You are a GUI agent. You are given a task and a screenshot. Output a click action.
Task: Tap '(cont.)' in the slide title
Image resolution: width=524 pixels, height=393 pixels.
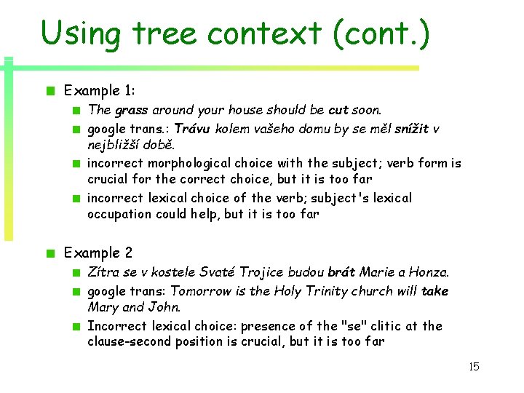pyautogui.click(x=382, y=33)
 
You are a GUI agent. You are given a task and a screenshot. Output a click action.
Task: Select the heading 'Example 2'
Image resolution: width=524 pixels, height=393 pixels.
pyautogui.click(x=98, y=253)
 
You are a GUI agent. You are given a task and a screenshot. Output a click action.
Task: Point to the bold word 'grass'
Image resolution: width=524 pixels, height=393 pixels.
pyautogui.click(x=131, y=111)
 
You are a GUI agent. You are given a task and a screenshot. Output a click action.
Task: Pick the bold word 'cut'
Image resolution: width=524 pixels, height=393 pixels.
pyautogui.click(x=338, y=111)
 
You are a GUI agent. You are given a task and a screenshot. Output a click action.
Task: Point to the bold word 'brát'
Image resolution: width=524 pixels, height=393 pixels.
pyautogui.click(x=341, y=272)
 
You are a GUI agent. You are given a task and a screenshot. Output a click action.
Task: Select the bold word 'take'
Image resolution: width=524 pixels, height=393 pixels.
pyautogui.click(x=434, y=291)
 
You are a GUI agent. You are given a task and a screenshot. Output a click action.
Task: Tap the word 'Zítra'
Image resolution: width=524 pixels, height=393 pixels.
pyautogui.click(x=103, y=272)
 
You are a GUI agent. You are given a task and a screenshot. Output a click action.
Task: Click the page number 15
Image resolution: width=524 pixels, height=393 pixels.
pyautogui.click(x=474, y=367)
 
